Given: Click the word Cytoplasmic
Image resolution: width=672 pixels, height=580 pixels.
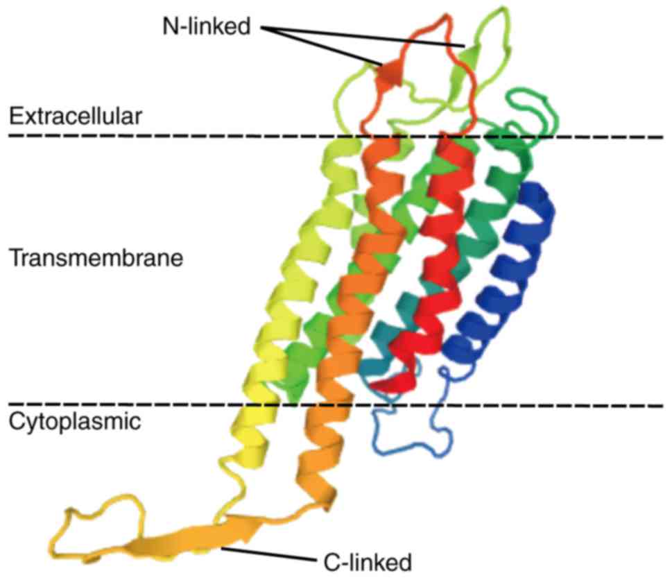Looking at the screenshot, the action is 74,420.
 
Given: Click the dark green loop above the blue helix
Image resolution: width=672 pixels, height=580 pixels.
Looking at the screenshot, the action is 534,104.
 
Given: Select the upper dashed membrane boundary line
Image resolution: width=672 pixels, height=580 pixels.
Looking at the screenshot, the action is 208,137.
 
